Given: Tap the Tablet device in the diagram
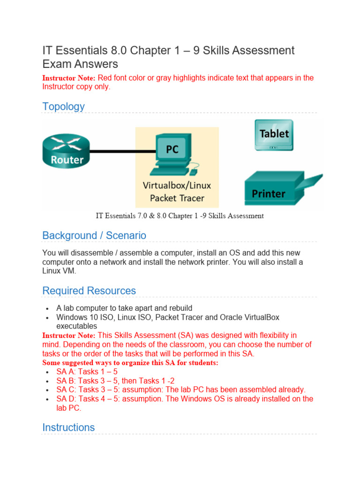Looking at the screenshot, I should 274,135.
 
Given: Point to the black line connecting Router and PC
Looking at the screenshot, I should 122,151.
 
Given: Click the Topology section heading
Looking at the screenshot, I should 64,106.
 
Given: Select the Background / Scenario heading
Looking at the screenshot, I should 94,235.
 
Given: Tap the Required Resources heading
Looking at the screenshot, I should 89,291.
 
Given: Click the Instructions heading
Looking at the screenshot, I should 68,427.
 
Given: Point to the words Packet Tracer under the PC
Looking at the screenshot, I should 177,198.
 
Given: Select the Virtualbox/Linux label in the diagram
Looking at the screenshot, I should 177,185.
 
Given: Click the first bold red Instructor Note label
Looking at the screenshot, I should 69,78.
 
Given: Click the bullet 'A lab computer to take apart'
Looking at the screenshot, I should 124,308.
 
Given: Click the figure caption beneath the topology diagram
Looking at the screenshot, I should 180,216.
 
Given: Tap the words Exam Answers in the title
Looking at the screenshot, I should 80,64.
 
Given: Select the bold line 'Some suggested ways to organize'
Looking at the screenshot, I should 130,363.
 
